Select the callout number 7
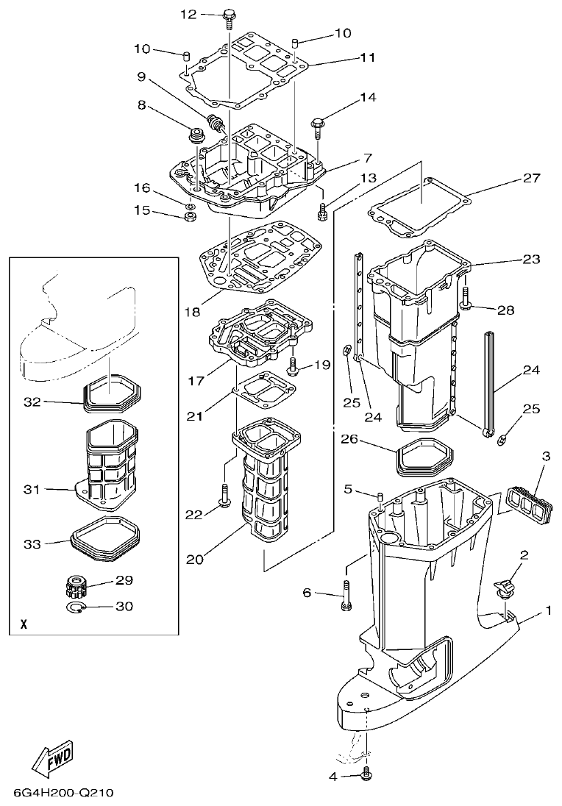click(367, 158)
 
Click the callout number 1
click(547, 610)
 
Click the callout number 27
click(531, 178)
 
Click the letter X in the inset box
click(24, 625)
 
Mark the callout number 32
click(32, 402)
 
